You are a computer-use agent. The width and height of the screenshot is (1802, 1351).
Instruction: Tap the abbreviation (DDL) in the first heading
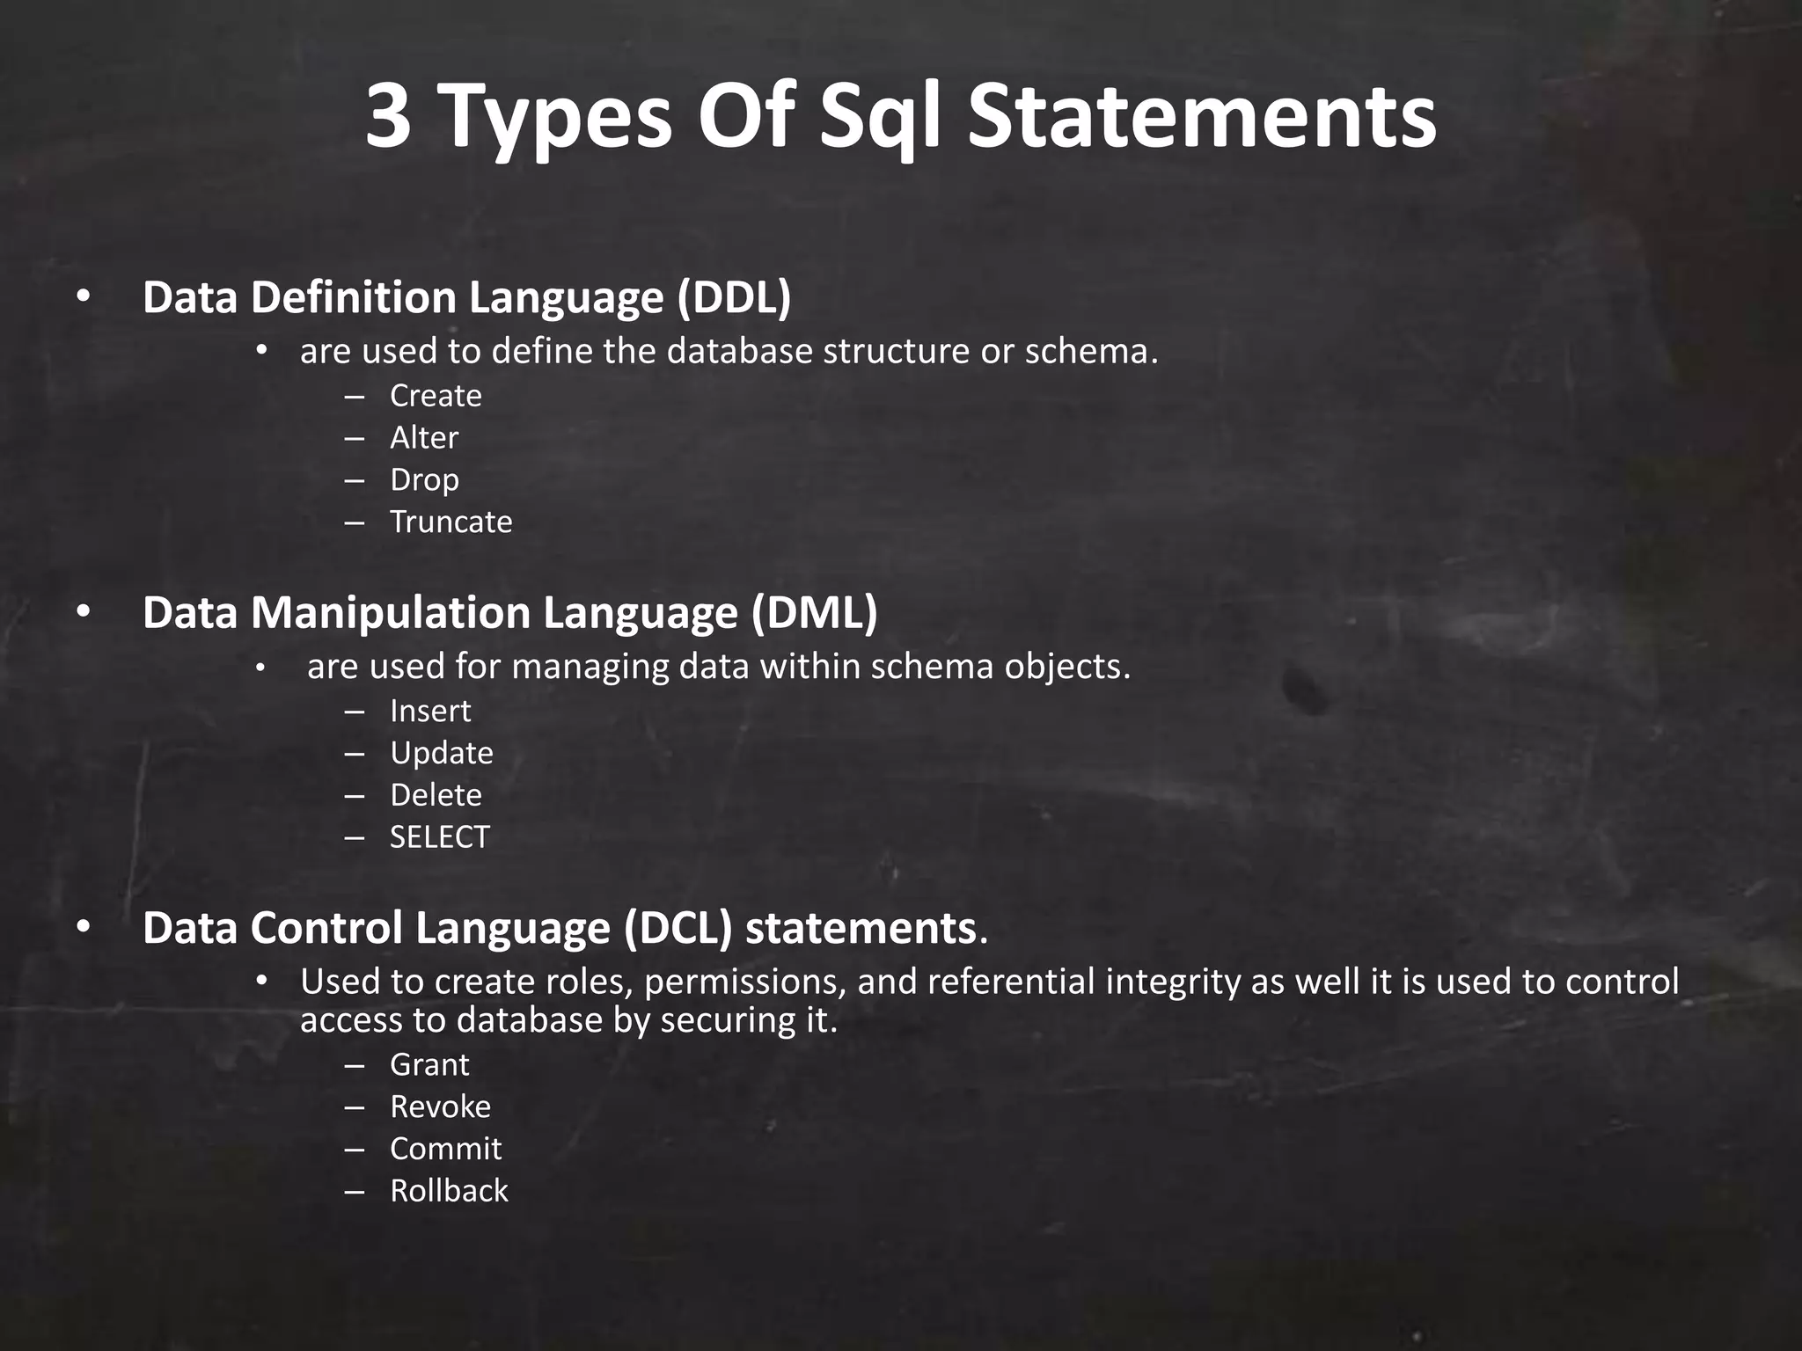click(734, 297)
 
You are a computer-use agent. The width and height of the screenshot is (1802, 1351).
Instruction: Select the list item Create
click(436, 396)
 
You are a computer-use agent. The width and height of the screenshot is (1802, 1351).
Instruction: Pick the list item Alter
click(424, 438)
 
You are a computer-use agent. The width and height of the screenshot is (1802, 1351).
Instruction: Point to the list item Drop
click(424, 480)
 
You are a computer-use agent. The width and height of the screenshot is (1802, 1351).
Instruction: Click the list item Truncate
click(450, 522)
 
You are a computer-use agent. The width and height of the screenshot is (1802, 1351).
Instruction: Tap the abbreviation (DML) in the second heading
click(814, 612)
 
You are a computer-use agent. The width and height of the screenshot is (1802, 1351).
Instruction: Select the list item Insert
click(430, 711)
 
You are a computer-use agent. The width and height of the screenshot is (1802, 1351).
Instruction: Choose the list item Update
click(441, 754)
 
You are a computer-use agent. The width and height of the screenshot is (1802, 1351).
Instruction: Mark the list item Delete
click(436, 795)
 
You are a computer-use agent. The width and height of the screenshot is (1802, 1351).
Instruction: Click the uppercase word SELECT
click(439, 837)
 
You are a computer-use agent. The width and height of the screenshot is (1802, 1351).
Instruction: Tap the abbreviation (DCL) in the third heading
click(678, 928)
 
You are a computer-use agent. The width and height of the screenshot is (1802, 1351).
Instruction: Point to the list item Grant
click(429, 1065)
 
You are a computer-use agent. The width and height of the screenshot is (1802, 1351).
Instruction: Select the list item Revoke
click(440, 1107)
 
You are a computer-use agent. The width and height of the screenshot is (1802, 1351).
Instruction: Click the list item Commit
click(445, 1149)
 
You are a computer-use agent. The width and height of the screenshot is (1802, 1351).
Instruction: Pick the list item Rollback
click(449, 1191)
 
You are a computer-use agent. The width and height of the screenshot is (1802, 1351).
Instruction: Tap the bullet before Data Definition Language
click(83, 297)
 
